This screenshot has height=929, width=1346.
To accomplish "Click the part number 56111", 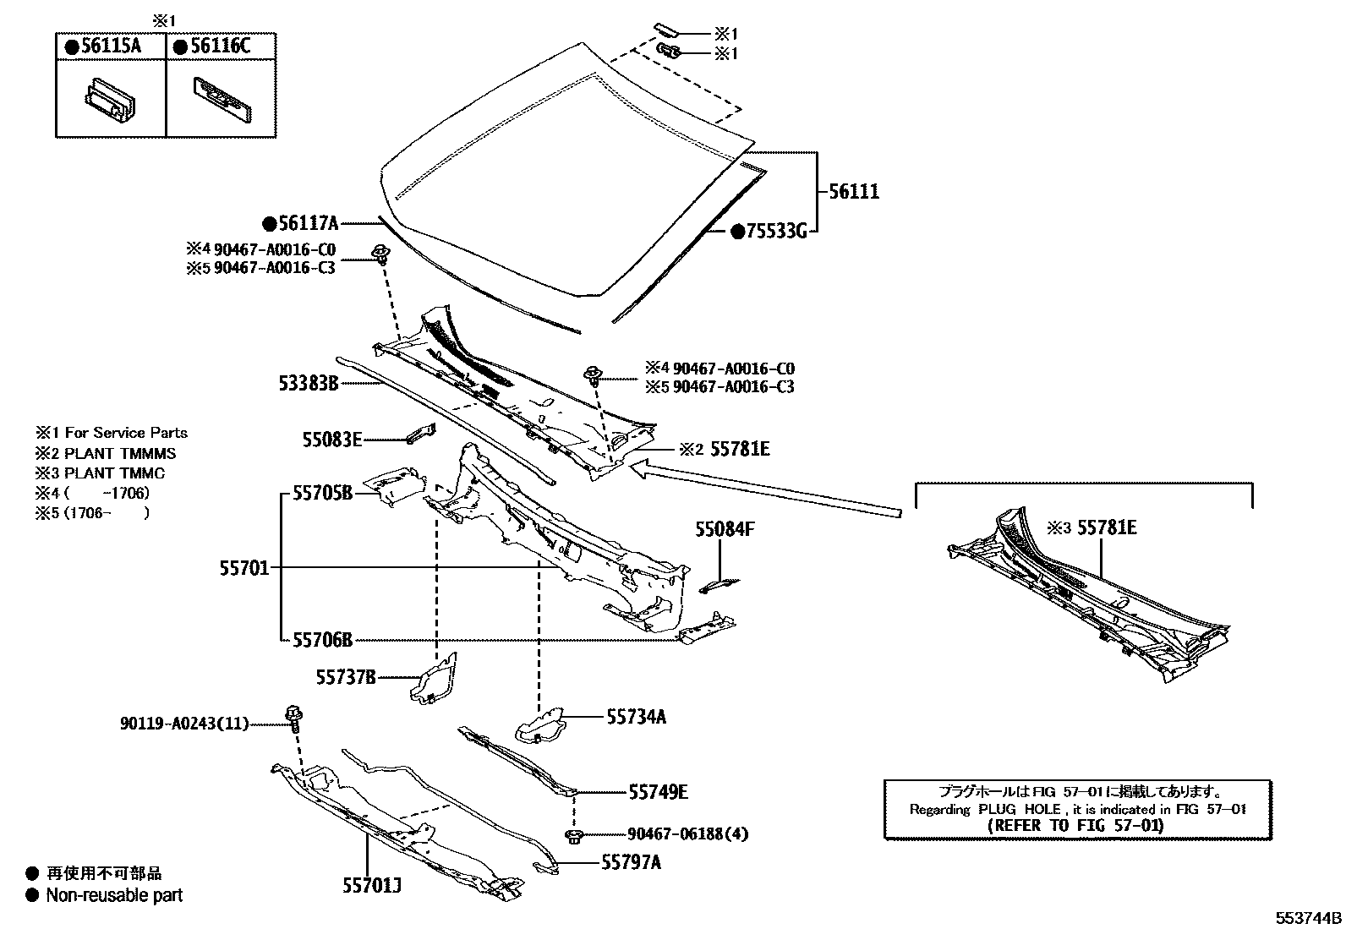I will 854,192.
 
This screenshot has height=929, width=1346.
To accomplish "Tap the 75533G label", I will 776,231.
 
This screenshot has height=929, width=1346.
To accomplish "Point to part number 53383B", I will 309,383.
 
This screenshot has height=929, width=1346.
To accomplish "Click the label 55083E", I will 332,440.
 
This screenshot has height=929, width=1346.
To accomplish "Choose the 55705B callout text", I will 322,492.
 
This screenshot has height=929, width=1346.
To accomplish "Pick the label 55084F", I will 725,530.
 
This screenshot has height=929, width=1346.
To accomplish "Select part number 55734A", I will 636,717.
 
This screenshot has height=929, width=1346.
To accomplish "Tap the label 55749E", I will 658,792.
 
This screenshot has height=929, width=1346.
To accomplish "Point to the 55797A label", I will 631,862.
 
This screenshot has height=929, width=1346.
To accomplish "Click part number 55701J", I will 371,886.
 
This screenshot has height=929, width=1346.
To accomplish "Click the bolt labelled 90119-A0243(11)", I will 295,718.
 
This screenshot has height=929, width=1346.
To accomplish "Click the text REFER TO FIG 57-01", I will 1076,826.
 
